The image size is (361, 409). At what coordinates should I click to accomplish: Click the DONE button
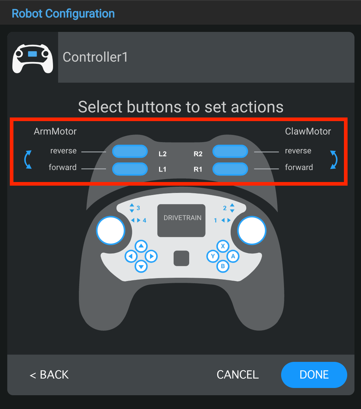point(314,375)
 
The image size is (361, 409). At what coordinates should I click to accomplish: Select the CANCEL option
point(238,375)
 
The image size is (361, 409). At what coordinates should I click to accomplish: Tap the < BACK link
point(49,375)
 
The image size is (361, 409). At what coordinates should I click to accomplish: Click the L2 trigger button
point(130,151)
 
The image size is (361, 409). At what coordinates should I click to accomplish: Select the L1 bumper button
point(130,169)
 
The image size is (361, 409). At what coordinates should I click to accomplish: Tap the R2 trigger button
point(230,151)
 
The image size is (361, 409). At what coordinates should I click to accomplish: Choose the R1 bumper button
point(230,169)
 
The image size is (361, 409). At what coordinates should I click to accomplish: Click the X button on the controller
point(223,246)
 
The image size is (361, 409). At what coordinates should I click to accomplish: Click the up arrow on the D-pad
point(141,246)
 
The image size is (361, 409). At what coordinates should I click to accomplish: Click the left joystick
point(110,230)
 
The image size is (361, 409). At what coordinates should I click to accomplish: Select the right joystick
point(252,230)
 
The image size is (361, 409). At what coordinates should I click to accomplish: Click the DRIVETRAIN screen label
point(182,218)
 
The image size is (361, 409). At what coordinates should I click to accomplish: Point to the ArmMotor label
point(55,131)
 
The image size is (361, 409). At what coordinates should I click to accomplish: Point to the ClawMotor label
point(308,131)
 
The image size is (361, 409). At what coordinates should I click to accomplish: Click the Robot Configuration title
point(63,14)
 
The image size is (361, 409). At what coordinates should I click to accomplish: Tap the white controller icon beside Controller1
point(33,58)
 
